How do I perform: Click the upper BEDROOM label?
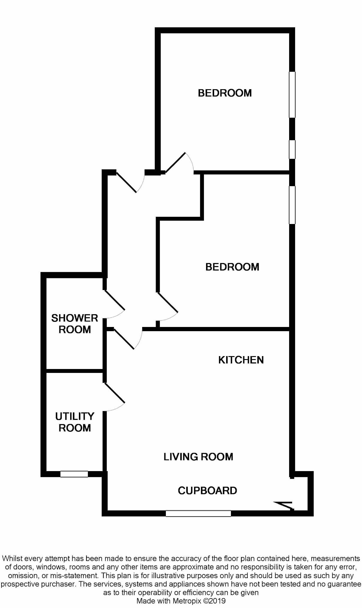click(225, 93)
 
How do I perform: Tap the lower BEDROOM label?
click(232, 267)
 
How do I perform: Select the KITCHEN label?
click(241, 360)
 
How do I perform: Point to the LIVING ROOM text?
click(198, 457)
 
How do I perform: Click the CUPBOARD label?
click(207, 491)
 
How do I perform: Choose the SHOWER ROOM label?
click(75, 324)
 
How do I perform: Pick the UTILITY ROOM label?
click(75, 422)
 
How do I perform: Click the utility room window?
click(74, 474)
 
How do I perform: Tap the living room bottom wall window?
click(198, 513)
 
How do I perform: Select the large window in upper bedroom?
click(292, 95)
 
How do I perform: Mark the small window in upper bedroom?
click(292, 149)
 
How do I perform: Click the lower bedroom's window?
click(292, 205)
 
